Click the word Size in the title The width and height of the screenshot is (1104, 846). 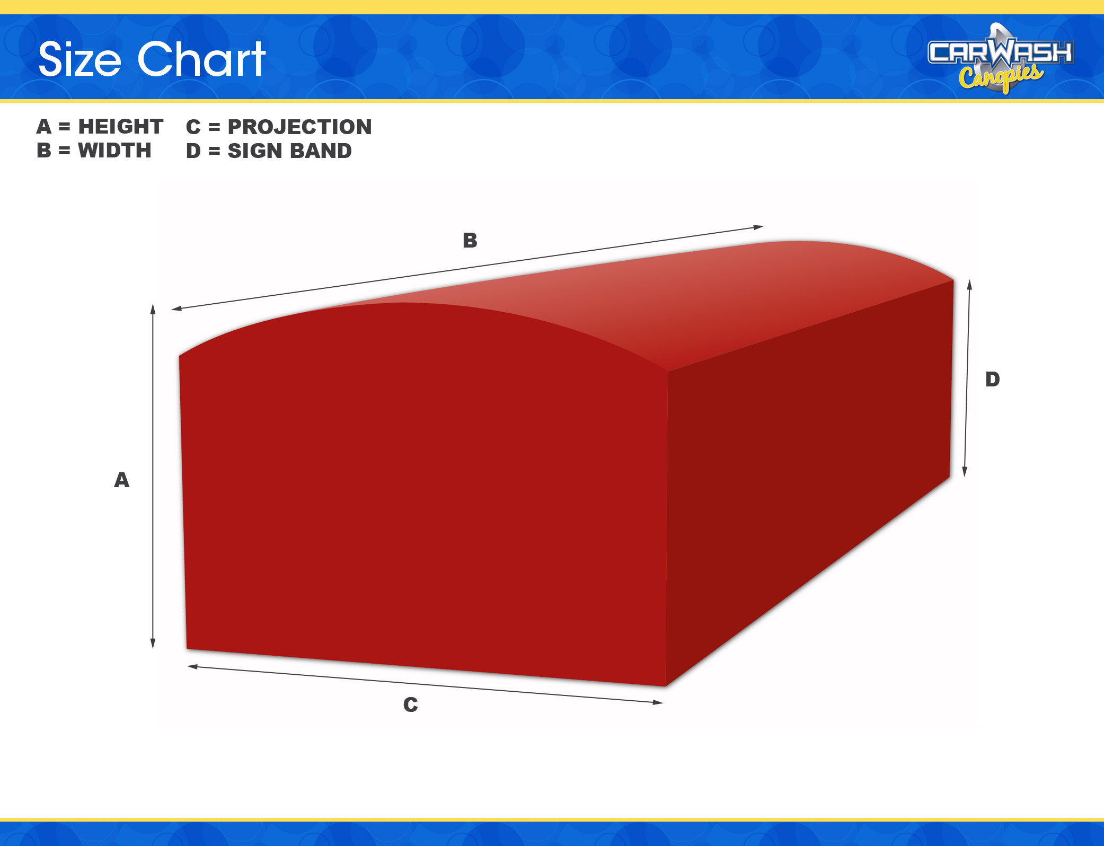[x=80, y=59]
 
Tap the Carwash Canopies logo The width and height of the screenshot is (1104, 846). [x=1001, y=58]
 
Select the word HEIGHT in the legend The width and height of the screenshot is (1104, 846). [x=121, y=126]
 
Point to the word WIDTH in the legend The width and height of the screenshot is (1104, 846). [x=114, y=151]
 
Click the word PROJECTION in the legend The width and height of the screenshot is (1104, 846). [x=299, y=127]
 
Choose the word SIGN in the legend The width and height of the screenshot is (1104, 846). [x=254, y=151]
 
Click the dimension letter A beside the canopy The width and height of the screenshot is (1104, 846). [x=122, y=480]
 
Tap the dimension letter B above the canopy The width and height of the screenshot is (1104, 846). [x=470, y=240]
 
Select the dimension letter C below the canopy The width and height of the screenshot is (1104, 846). [x=411, y=704]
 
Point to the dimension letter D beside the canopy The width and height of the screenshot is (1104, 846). [x=993, y=379]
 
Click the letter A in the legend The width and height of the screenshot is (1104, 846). [x=44, y=126]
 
